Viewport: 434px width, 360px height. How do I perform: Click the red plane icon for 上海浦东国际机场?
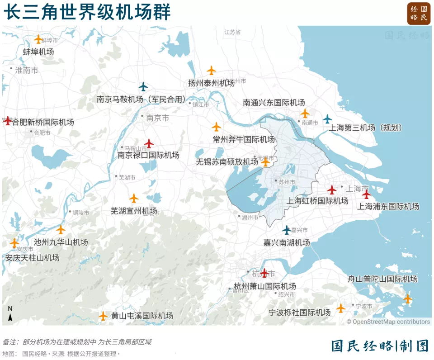[x=366, y=194]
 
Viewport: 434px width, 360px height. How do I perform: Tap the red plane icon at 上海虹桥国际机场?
[x=332, y=189]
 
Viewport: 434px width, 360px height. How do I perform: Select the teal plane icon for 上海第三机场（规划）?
[x=327, y=119]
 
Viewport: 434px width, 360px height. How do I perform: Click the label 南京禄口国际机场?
[x=148, y=155]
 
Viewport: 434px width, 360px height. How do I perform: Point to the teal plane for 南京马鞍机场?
[x=143, y=86]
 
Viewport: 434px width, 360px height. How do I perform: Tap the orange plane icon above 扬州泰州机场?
[x=211, y=70]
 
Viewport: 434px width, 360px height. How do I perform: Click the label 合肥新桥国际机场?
[x=42, y=122]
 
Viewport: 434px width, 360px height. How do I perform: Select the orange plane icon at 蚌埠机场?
[x=38, y=39]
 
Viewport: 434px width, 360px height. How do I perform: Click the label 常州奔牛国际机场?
[x=244, y=139]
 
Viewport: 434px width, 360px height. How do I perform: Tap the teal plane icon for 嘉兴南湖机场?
[x=287, y=230]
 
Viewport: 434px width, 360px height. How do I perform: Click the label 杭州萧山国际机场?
[x=265, y=286]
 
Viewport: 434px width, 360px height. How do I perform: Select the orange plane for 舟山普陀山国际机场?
[x=408, y=298]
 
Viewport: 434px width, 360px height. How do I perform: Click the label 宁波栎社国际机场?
[x=299, y=313]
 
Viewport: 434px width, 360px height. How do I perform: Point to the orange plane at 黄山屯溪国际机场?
[x=104, y=316]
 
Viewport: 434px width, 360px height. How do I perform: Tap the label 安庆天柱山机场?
[x=33, y=258]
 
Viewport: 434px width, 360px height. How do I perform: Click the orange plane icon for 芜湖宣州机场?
[x=134, y=198]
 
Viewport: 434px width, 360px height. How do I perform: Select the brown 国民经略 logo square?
[x=419, y=14]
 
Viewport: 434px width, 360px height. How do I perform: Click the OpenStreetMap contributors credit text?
[x=388, y=322]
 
